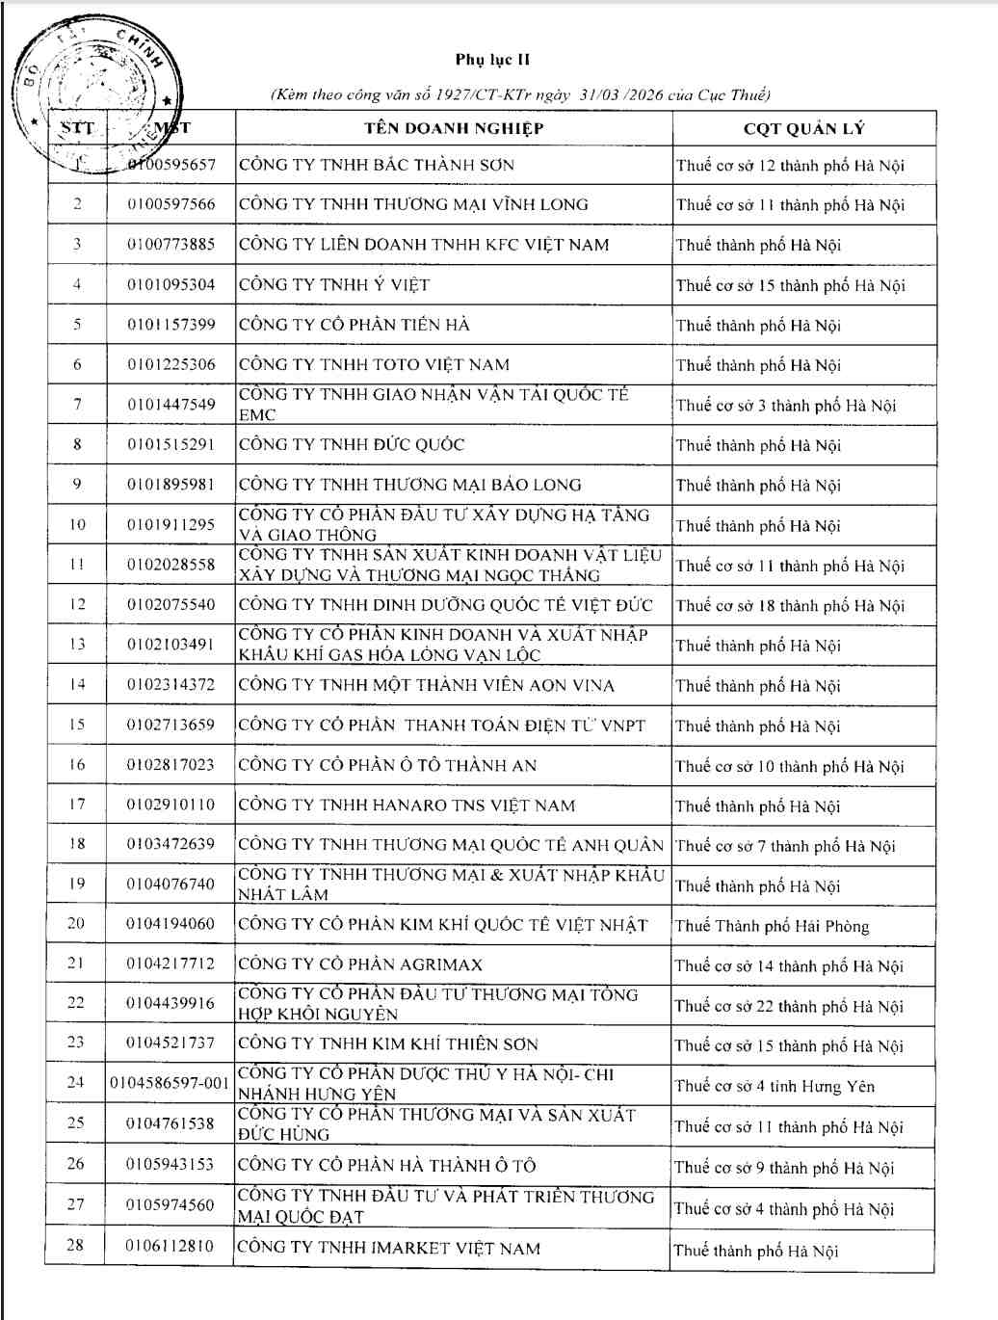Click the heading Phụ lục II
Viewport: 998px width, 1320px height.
492,60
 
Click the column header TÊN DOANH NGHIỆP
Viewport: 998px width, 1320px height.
454,128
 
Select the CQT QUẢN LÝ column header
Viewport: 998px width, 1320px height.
803,128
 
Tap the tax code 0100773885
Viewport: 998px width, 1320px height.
171,245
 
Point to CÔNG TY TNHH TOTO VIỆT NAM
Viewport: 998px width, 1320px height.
374,365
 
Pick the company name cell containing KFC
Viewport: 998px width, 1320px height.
424,245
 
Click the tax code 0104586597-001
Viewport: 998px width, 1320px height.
170,1083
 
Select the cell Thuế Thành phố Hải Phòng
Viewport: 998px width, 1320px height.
772,926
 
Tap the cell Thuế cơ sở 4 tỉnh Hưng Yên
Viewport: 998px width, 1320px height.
775,1086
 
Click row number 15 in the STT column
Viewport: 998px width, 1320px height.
77,725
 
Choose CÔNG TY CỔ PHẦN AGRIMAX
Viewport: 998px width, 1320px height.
360,964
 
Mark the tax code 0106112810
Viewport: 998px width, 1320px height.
170,1246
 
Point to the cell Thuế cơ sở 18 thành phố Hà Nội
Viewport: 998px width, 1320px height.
790,605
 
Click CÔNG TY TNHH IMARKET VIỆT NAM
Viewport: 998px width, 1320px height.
388,1248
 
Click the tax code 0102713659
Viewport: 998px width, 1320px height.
171,725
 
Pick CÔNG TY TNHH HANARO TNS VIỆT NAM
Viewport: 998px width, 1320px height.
406,805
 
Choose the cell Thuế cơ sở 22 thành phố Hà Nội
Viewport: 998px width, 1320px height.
789,1006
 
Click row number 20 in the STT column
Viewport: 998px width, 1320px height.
76,923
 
